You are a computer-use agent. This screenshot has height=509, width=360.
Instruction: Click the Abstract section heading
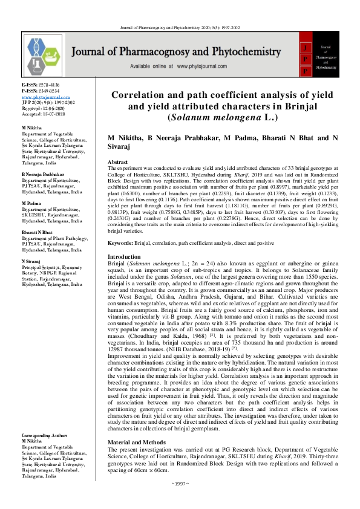[117, 163]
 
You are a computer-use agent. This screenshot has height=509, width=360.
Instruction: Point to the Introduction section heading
[123, 257]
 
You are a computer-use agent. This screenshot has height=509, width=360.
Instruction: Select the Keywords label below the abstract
[120, 243]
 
